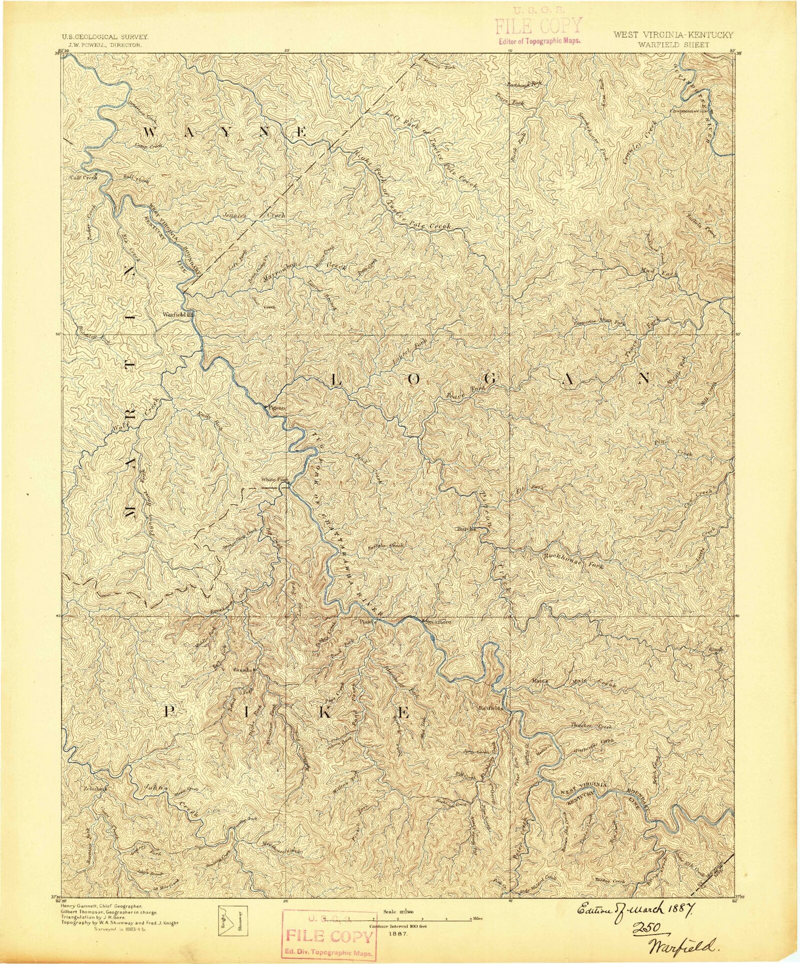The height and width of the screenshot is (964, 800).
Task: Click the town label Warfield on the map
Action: [174, 314]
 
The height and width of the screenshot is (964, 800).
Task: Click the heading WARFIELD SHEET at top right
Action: [675, 45]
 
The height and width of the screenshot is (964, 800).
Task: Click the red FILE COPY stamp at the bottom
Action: [329, 935]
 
